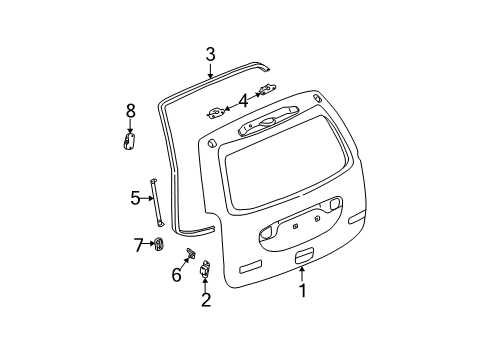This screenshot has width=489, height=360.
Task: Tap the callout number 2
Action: click(205, 299)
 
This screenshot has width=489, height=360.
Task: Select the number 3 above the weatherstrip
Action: click(210, 56)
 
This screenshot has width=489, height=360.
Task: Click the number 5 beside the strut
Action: click(136, 198)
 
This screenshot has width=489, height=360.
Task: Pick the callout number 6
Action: click(176, 274)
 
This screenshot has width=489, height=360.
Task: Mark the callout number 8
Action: click(130, 111)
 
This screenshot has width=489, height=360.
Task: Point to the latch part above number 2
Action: click(205, 269)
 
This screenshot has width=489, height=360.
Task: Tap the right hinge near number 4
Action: click(265, 91)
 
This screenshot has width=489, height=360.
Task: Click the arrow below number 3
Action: click(210, 70)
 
